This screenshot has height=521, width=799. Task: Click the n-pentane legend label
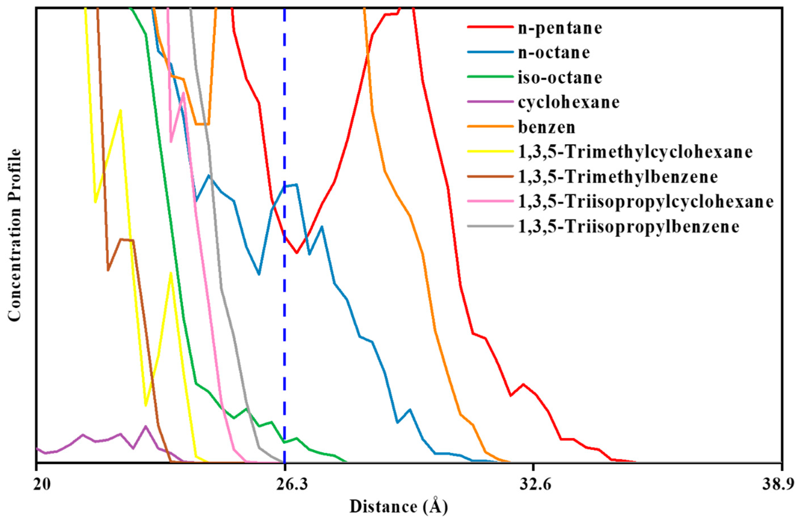pyautogui.click(x=560, y=28)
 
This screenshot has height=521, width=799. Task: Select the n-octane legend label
pyautogui.click(x=554, y=53)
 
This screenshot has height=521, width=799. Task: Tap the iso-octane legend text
pyautogui.click(x=560, y=77)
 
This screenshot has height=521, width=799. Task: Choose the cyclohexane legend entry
pyautogui.click(x=569, y=102)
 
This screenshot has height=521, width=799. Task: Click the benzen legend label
pyautogui.click(x=547, y=127)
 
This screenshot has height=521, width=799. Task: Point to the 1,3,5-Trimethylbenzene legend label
pyautogui.click(x=618, y=177)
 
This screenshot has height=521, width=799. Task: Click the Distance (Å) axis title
pyautogui.click(x=399, y=507)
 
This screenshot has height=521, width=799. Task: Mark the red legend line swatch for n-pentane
pyautogui.click(x=491, y=27)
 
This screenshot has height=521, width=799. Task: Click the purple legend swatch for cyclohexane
pyautogui.click(x=491, y=102)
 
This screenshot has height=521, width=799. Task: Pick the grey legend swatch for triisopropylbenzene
pyautogui.click(x=491, y=226)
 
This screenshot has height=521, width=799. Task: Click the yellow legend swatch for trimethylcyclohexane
pyautogui.click(x=491, y=152)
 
